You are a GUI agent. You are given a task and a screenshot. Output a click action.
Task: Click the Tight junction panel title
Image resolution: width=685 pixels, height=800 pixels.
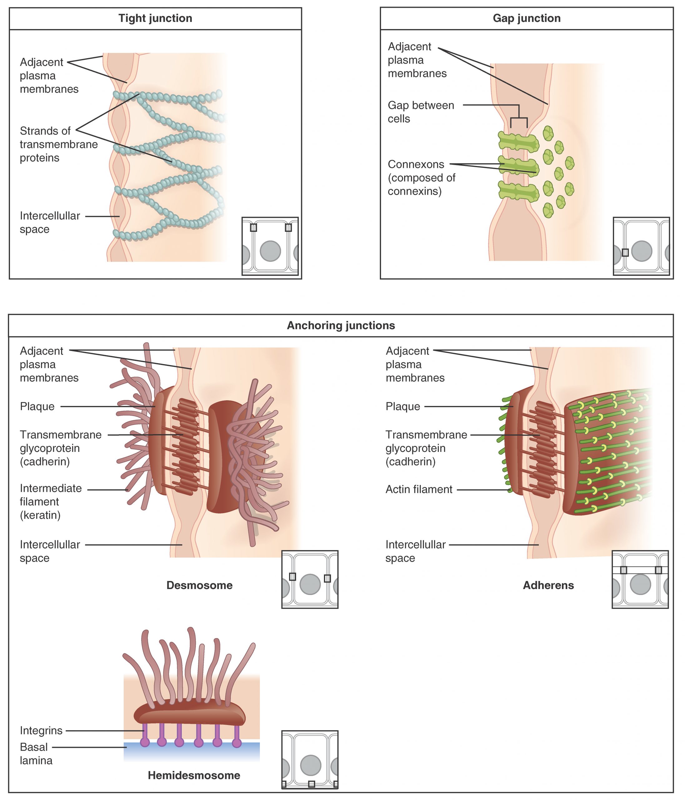click(x=155, y=18)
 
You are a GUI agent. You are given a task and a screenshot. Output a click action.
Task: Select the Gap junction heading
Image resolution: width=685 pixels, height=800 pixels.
click(x=526, y=18)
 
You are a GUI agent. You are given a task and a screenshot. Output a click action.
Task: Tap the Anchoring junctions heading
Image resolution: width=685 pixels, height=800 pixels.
click(x=341, y=326)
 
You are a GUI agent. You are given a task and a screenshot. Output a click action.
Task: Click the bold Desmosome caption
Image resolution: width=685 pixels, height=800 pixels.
click(x=199, y=585)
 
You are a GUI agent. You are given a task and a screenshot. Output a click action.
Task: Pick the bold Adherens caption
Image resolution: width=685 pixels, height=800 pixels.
click(x=548, y=585)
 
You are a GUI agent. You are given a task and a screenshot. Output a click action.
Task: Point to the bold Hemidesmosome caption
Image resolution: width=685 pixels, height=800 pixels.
click(x=194, y=775)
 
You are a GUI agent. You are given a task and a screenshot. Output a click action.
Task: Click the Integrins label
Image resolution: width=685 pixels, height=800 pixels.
click(x=41, y=731)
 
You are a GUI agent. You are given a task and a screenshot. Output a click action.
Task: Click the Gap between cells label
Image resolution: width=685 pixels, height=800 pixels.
click(x=421, y=112)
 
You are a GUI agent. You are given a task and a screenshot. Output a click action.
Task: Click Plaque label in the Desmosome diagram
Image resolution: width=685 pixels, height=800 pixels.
click(x=37, y=406)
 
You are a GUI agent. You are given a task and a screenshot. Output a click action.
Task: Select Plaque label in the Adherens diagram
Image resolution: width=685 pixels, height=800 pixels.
click(x=403, y=406)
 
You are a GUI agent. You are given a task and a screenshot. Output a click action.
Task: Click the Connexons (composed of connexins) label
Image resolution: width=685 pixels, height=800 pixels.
click(x=421, y=177)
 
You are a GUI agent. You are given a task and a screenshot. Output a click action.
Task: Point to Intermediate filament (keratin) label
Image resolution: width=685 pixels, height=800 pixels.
click(x=50, y=502)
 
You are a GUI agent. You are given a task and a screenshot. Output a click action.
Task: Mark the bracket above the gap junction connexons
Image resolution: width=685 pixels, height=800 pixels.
click(x=519, y=116)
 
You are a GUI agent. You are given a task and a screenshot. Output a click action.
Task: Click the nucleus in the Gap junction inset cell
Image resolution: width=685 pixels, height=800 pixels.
click(x=641, y=251)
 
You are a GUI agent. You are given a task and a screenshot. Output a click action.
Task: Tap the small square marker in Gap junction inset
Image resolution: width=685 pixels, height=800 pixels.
click(x=625, y=252)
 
